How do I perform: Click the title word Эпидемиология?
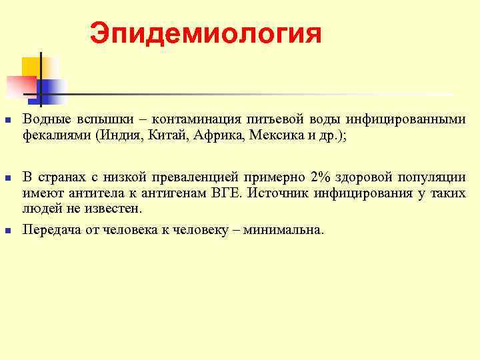[x=205, y=33]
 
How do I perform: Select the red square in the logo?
[x=20, y=85]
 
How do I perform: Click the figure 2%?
[x=319, y=178]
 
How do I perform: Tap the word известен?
[x=116, y=208]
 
